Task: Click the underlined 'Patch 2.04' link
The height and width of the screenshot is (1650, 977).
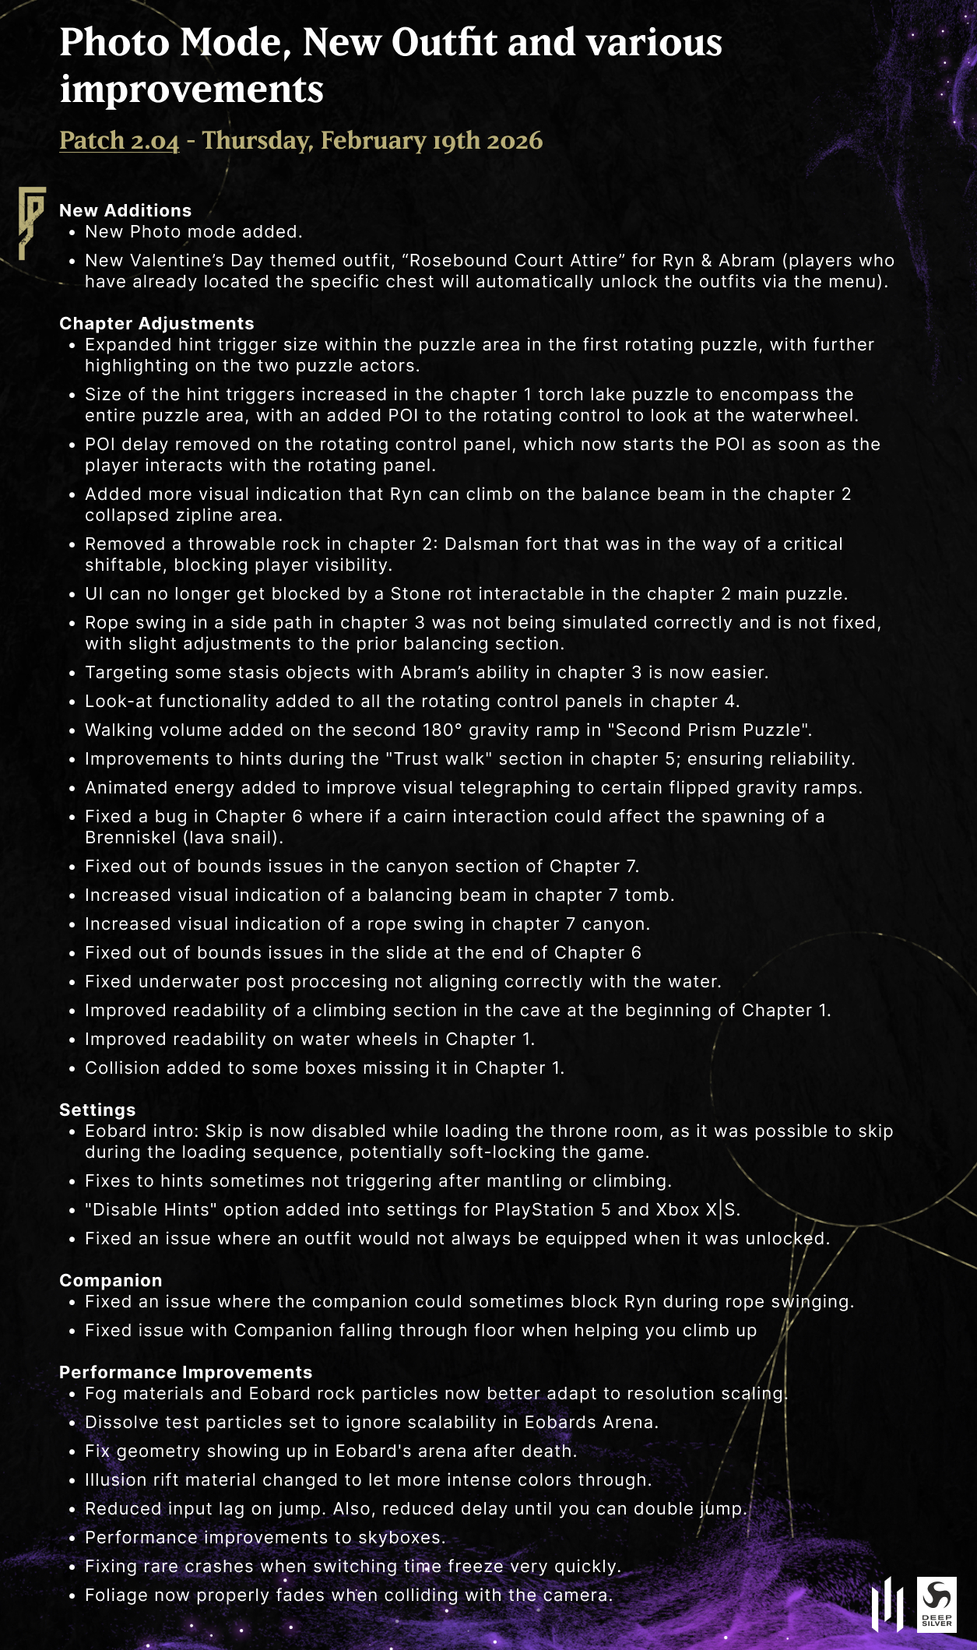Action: tap(119, 141)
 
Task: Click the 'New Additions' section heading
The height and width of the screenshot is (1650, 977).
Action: tap(125, 210)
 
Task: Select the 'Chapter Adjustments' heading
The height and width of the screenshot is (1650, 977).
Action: tap(156, 323)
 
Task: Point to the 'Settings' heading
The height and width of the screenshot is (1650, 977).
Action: tap(97, 1110)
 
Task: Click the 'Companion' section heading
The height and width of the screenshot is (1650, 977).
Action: tap(111, 1280)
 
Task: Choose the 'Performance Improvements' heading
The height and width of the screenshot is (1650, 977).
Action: tap(185, 1372)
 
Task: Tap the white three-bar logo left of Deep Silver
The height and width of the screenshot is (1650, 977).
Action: tap(887, 1604)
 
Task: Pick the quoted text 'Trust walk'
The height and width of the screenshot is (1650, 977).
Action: tap(438, 759)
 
